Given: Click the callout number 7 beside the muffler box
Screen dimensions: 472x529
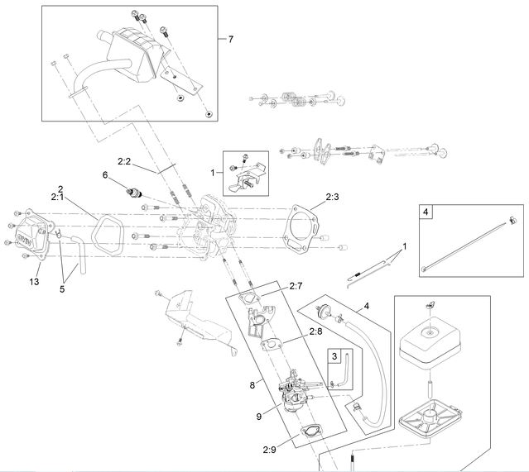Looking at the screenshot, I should (230, 39).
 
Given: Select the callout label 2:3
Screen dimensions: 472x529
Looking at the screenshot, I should (333, 197).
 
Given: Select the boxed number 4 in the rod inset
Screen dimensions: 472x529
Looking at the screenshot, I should (425, 212).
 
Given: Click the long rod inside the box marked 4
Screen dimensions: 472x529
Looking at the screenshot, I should (464, 245).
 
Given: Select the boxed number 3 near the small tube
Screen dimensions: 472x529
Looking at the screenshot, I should (334, 356).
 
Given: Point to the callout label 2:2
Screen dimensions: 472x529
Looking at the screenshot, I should (125, 163).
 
